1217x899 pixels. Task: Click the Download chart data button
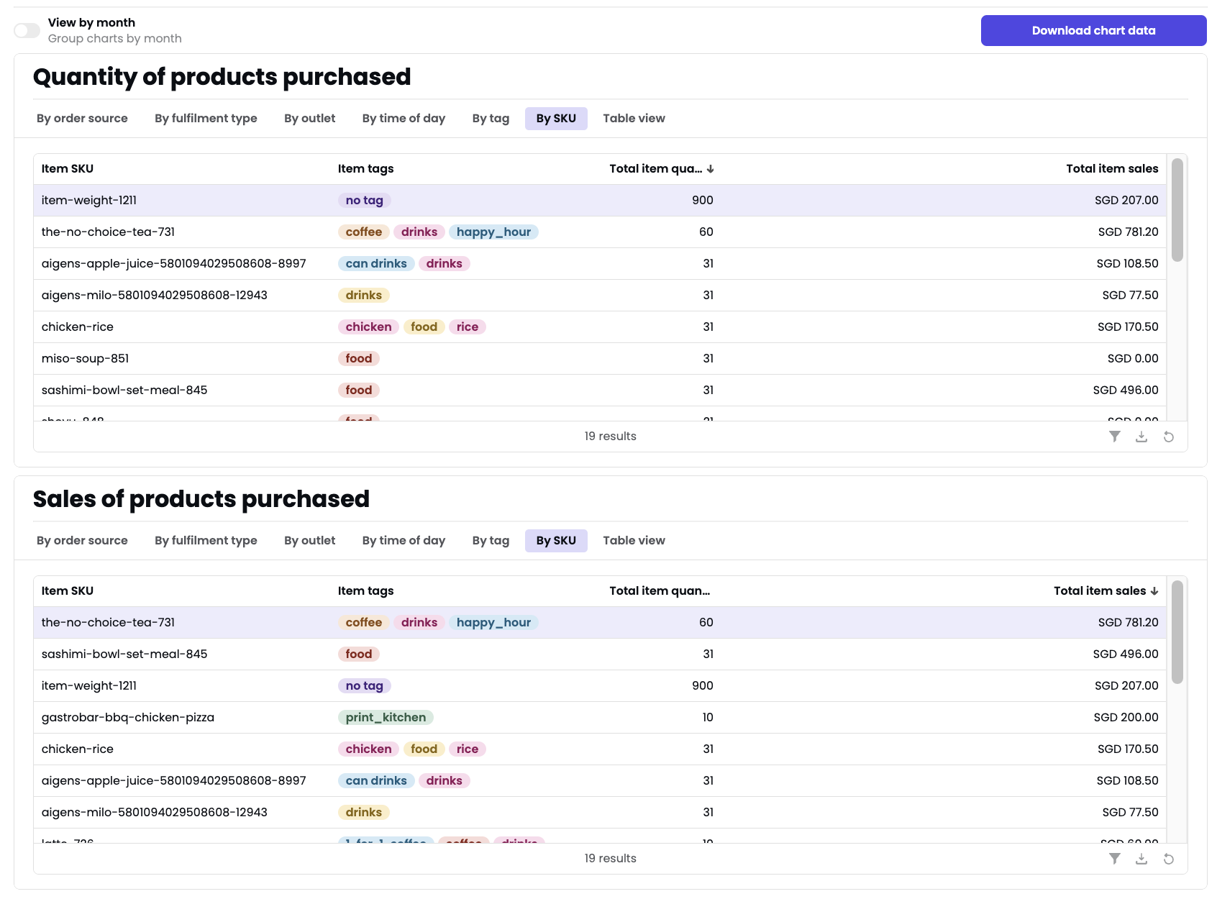(1093, 30)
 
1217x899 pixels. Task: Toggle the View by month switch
(27, 30)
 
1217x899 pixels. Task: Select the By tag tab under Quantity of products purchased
(491, 119)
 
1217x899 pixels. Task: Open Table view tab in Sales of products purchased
(634, 541)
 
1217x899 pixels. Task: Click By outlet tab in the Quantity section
(309, 119)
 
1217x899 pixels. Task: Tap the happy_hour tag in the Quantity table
(493, 232)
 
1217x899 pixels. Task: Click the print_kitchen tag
(386, 718)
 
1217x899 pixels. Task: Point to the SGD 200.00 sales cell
(1126, 718)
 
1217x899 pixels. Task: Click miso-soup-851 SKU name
(85, 359)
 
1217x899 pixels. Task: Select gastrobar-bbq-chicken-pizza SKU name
(128, 718)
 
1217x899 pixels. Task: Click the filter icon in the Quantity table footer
(1114, 437)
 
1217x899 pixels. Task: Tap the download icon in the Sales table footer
(1141, 859)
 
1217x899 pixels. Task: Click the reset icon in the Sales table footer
(1169, 859)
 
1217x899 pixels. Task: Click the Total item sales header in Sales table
(1099, 591)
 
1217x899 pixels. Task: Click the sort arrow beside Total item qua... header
(711, 169)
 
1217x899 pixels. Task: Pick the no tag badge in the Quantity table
(364, 201)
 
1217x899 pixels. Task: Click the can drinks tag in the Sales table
(376, 781)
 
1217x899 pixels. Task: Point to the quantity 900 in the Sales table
(702, 686)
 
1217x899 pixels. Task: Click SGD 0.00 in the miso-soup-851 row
(1132, 359)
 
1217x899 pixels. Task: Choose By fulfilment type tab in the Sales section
(206, 541)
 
